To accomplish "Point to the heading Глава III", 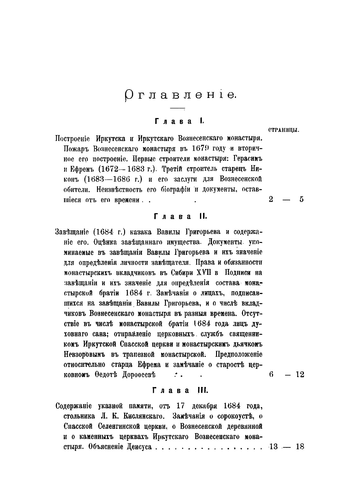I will pyautogui.click(x=178, y=391).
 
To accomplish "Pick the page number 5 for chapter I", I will pyautogui.click(x=301, y=199).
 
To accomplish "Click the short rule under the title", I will pyautogui.click(x=177, y=108).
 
